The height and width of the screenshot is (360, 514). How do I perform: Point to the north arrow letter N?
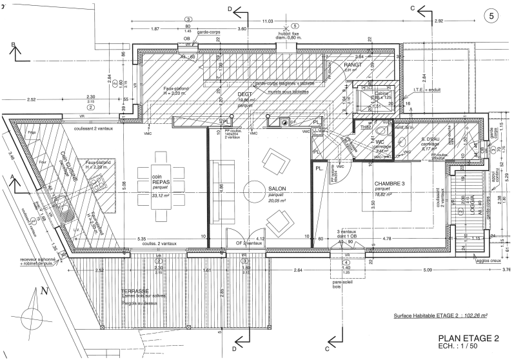click(44, 291)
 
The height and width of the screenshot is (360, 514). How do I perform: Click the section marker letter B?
click(12, 45)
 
